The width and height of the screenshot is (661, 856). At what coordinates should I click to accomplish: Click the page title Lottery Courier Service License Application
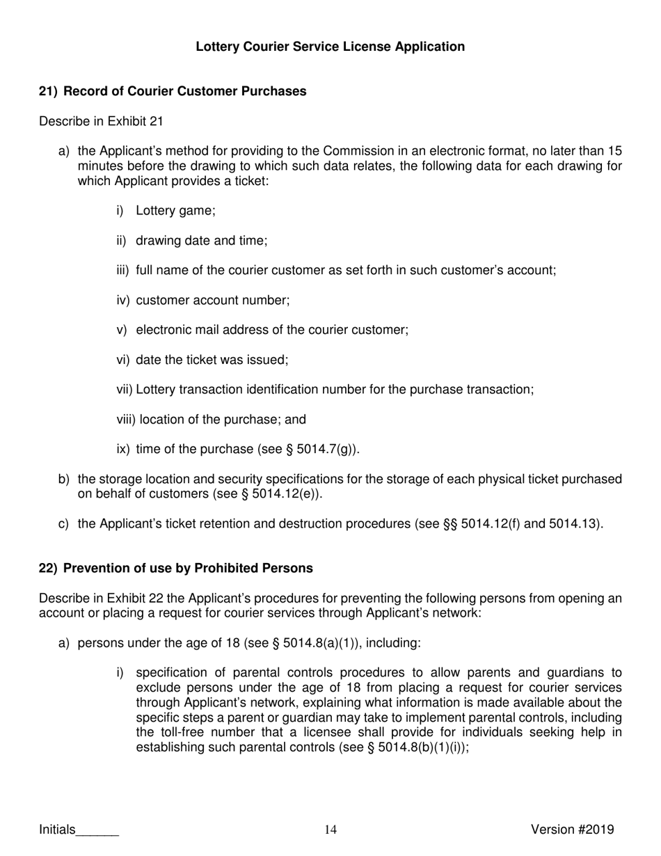330,47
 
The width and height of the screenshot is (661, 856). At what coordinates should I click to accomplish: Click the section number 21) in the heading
48,91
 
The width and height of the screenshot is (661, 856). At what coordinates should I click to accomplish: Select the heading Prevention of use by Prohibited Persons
188,568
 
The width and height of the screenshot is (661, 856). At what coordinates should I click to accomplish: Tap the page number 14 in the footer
330,829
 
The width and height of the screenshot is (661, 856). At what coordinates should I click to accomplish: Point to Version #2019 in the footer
572,829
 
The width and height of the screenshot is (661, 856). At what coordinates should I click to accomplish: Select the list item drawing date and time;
201,240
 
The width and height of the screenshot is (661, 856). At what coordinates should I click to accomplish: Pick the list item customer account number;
212,300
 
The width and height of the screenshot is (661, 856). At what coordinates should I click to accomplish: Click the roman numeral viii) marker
126,420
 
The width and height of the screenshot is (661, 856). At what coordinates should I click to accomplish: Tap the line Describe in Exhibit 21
101,121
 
